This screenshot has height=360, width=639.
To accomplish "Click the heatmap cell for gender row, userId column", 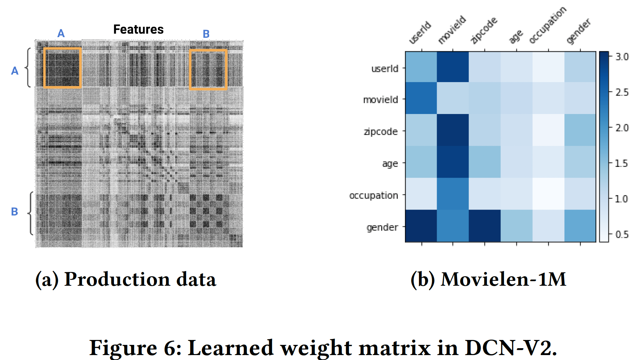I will pyautogui.click(x=421, y=226).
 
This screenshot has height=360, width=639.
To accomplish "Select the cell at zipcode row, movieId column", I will pyautogui.click(x=453, y=130).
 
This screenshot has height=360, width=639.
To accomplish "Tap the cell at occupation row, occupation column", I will pyautogui.click(x=548, y=194).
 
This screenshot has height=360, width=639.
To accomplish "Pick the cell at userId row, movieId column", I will pyautogui.click(x=453, y=67).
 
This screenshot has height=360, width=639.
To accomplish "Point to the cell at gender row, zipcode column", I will pyautogui.click(x=485, y=226).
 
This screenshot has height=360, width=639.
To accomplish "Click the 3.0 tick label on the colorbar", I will pyautogui.click(x=622, y=57).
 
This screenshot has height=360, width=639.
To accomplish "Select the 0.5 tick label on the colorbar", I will pyautogui.click(x=622, y=235).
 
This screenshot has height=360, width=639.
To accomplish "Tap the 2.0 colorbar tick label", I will pyautogui.click(x=622, y=128).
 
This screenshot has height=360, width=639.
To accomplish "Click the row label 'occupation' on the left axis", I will pyautogui.click(x=373, y=195).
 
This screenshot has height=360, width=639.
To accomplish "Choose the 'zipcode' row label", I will pyautogui.click(x=381, y=132).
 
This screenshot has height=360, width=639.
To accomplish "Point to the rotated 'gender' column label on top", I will pyautogui.click(x=579, y=31).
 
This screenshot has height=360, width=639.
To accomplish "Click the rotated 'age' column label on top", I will pyautogui.click(x=516, y=36).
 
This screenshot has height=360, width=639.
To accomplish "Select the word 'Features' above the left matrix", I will pyautogui.click(x=138, y=30).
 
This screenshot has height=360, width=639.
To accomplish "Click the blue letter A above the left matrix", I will pyautogui.click(x=61, y=34).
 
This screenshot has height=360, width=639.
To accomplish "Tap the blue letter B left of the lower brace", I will pyautogui.click(x=14, y=212).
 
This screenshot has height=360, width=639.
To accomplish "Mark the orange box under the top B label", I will pyautogui.click(x=208, y=70).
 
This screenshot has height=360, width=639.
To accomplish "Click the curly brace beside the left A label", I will pyautogui.click(x=28, y=68).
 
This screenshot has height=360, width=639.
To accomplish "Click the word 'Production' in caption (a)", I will pyautogui.click(x=117, y=280).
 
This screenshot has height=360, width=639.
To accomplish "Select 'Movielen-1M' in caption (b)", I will pyautogui.click(x=503, y=280).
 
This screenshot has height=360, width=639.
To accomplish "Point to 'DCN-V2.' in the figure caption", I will pyautogui.click(x=511, y=348).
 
